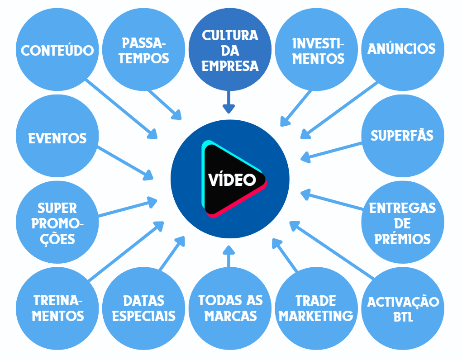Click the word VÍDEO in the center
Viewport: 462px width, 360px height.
click(232, 180)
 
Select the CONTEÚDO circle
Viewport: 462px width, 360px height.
click(57, 50)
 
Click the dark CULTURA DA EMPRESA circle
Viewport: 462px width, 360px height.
click(230, 51)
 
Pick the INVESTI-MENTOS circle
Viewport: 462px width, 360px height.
click(318, 51)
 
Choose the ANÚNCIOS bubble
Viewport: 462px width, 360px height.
click(401, 49)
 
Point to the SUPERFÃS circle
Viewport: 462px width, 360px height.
click(402, 136)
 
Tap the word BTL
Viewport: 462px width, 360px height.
click(403, 317)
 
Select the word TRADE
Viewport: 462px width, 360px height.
click(315, 301)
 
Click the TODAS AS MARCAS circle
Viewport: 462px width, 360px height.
click(230, 308)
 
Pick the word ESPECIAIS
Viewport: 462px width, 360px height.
click(143, 315)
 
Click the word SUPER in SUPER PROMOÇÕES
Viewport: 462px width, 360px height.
click(57, 208)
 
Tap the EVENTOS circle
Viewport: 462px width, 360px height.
click(57, 138)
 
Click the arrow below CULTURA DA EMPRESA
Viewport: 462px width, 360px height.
click(229, 102)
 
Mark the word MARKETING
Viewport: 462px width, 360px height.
click(315, 315)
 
